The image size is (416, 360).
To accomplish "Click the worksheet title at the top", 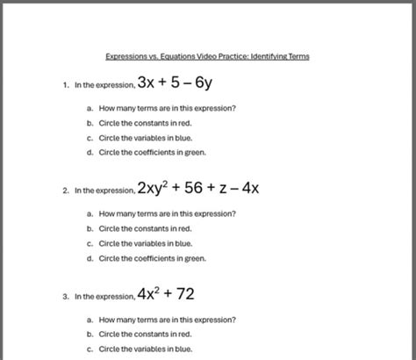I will click(x=207, y=56).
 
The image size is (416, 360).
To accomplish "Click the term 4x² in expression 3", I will click(x=152, y=295).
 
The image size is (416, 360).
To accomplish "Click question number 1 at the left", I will click(x=66, y=87).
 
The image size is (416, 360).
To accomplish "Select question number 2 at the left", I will click(x=66, y=190).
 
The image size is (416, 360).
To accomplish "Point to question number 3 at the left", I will click(x=66, y=297).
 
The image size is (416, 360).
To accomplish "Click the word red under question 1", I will click(x=185, y=123).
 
